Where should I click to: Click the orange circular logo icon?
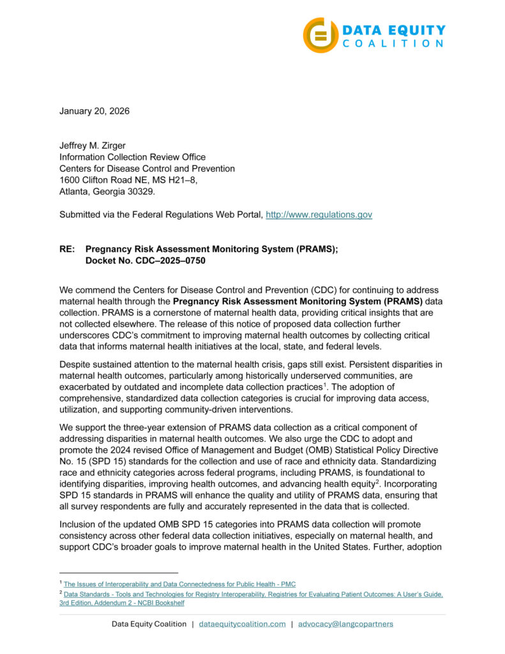click(320, 35)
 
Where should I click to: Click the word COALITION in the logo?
click(393, 43)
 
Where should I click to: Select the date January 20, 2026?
click(94, 111)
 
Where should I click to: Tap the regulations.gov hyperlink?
click(319, 215)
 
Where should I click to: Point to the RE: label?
click(68, 249)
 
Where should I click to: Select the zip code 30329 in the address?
click(142, 192)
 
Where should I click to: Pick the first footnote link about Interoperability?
click(179, 584)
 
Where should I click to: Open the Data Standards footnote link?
click(253, 594)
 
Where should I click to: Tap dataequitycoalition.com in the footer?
click(242, 623)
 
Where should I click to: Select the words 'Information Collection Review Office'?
click(132, 157)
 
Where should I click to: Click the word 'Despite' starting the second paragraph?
click(75, 364)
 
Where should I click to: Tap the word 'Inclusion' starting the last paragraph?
click(79, 524)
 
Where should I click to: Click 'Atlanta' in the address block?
click(75, 192)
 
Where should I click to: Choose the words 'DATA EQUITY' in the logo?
click(394, 29)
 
